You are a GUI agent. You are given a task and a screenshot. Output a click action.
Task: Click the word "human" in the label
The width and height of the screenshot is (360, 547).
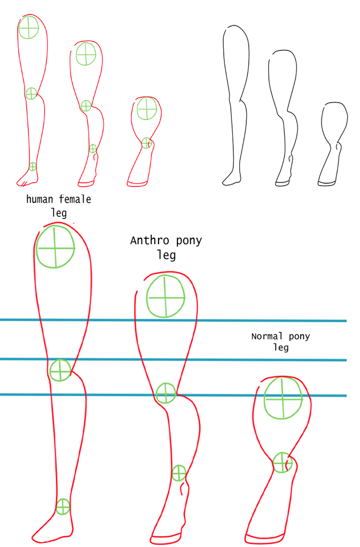pos(40,199)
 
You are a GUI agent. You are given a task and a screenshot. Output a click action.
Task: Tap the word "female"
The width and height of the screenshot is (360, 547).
pos(75,199)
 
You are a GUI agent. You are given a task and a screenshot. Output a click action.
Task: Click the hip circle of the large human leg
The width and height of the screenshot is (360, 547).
pos(56,247)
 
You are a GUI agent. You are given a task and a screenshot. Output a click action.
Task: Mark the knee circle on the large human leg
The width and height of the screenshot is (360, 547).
pos(60,370)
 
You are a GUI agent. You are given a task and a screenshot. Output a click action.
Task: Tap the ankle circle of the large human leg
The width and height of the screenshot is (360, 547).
pos(63,506)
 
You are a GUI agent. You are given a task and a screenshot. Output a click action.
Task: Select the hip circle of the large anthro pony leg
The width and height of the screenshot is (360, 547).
pos(166,296)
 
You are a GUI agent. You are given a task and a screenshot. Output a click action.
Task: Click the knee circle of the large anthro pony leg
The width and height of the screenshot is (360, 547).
pos(166,393)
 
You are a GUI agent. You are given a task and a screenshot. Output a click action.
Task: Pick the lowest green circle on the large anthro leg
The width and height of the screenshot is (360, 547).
pos(179,473)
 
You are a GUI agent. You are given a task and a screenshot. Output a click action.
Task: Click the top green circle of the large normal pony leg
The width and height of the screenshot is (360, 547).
pos(283,397)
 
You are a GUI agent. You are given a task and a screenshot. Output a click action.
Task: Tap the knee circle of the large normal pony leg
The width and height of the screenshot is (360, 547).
pos(282,463)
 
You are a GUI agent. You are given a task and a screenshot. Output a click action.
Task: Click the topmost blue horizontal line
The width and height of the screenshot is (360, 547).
pos(174,321)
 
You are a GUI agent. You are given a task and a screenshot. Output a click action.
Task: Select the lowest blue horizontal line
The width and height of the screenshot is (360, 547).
pos(174,395)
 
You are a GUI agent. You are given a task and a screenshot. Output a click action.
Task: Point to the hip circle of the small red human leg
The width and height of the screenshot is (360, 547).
pos(29,28)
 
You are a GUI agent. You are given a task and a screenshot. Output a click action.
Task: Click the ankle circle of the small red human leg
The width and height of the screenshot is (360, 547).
pos(33,167)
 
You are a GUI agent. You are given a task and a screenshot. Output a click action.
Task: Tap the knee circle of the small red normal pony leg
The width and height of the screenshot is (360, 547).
pos(147,143)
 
